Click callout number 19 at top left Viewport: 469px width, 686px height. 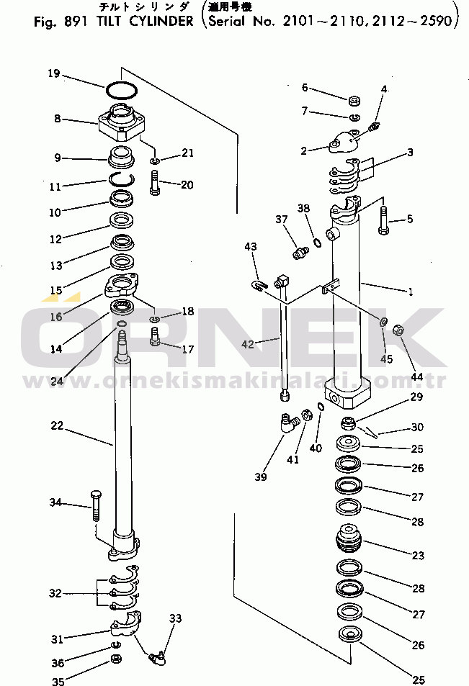point(53,73)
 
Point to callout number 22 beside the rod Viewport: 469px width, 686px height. point(57,427)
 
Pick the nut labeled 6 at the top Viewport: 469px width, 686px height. point(354,101)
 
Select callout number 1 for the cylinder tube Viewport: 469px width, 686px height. point(411,292)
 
